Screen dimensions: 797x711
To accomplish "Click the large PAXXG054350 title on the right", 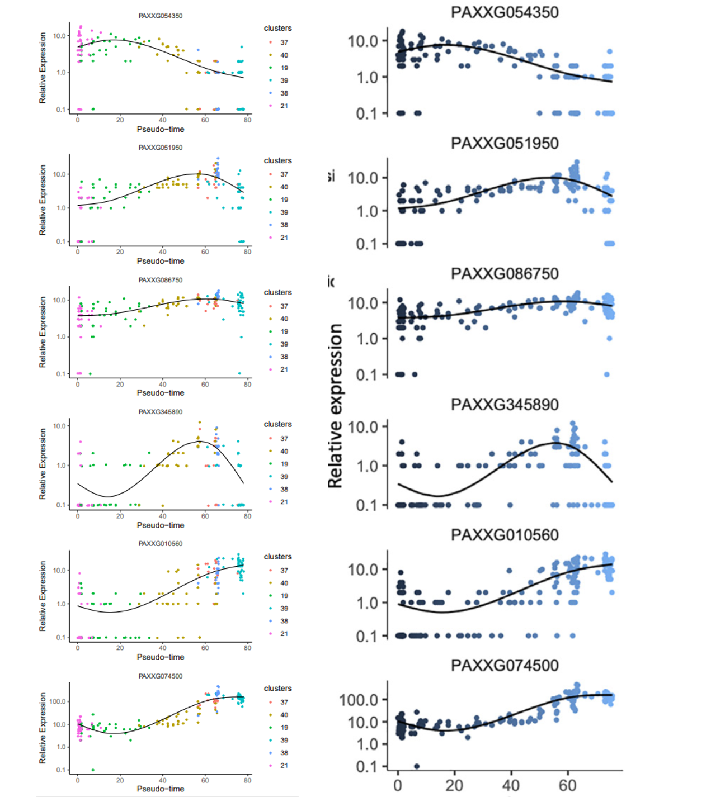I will point(505,12).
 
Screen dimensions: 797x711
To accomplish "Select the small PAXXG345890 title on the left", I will point(161,412).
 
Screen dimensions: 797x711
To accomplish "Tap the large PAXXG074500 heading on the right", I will point(505,665).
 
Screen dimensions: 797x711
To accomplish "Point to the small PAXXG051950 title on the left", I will point(161,148).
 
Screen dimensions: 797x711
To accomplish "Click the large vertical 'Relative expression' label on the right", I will point(335,406).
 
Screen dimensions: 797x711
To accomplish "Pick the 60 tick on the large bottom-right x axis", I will point(567,785).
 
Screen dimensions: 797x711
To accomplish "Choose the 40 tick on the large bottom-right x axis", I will point(511,785).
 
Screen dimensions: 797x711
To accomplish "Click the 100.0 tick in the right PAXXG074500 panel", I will point(359,700).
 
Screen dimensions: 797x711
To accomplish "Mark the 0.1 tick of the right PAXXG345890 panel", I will point(367,505).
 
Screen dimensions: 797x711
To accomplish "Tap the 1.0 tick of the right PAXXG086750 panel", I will point(367,339).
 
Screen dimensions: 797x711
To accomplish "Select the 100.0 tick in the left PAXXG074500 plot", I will point(58,701).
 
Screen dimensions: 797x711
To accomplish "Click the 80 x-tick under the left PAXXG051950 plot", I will point(247,252).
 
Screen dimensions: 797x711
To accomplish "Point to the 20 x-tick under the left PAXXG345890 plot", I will point(120,516).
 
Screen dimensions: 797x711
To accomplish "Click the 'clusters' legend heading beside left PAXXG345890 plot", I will point(277,424).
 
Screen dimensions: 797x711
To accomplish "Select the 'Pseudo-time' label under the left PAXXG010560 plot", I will point(161,657).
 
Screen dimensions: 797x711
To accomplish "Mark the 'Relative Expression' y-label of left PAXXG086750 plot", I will point(43,332).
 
